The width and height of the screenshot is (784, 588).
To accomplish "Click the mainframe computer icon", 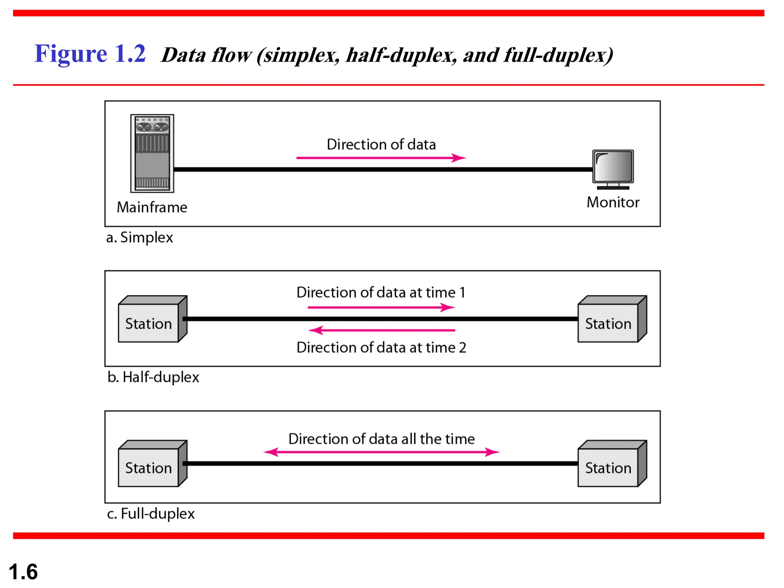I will click(x=152, y=154).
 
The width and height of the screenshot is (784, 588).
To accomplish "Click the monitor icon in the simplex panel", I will click(x=613, y=169).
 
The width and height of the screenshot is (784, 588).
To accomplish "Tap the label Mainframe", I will click(x=152, y=207).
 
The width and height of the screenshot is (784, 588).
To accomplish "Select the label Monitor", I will click(x=613, y=202).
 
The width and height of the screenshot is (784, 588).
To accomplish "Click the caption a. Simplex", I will click(x=139, y=238).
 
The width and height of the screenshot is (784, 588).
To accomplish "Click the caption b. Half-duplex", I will click(x=153, y=377).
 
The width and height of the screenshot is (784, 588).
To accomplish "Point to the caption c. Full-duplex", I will click(x=151, y=514).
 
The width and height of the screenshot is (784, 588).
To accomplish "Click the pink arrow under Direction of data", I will click(x=381, y=158).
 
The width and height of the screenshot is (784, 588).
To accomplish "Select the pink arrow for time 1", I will click(x=381, y=307).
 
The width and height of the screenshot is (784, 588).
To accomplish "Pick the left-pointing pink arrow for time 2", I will click(x=381, y=330).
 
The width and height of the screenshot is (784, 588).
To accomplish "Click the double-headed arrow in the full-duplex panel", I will click(x=381, y=452).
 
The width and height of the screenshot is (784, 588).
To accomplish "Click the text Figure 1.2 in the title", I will click(x=90, y=54).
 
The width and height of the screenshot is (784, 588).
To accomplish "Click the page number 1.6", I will click(x=23, y=572).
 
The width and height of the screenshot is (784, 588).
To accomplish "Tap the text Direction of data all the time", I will click(x=381, y=439).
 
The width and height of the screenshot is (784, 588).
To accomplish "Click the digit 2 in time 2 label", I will click(x=462, y=348).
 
